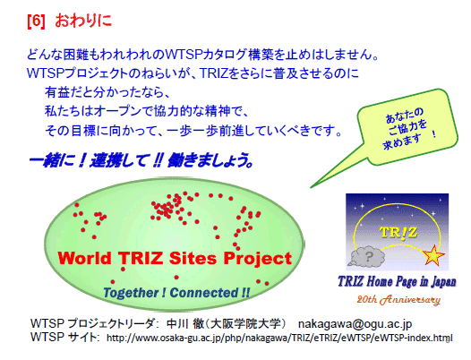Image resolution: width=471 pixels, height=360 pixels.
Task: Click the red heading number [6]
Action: (36, 21)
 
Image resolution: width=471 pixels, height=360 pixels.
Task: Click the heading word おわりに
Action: (83, 21)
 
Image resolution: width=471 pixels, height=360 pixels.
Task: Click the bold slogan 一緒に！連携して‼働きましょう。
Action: (141, 160)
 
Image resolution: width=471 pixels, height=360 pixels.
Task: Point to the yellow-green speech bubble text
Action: (407, 129)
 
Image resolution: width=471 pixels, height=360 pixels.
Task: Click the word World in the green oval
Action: (84, 258)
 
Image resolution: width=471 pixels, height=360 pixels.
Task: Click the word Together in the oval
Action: (133, 293)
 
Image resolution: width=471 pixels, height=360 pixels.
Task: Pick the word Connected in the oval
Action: (204, 292)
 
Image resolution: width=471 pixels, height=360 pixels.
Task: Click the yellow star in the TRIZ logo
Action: (433, 255)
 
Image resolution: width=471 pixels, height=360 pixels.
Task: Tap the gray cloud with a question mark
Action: (366, 256)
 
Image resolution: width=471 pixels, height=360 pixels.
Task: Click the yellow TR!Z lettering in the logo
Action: (398, 232)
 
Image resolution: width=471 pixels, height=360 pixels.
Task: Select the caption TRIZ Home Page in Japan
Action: (397, 281)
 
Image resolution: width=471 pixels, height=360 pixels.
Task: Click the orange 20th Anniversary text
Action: (398, 299)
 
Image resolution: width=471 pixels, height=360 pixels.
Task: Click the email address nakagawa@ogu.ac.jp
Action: (355, 323)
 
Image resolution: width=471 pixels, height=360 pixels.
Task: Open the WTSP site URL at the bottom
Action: (279, 338)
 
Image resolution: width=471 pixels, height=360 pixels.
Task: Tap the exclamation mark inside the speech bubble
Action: (433, 133)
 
